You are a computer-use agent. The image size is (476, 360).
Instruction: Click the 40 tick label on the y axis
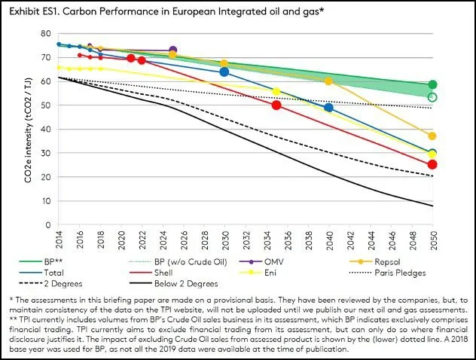pos(46,130)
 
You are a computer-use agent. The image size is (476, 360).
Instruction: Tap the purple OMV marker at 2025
pos(173,51)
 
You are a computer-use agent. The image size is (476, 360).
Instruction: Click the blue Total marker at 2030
pos(224,72)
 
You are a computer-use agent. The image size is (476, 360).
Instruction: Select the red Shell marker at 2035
pos(276,105)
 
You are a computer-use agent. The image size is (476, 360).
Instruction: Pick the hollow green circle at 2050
pos(432,97)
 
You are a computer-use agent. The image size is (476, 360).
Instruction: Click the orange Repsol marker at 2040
pos(328,81)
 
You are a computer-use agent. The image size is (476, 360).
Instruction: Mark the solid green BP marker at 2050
pos(432,84)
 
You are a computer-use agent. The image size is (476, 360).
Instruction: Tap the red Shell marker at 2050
pos(432,164)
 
